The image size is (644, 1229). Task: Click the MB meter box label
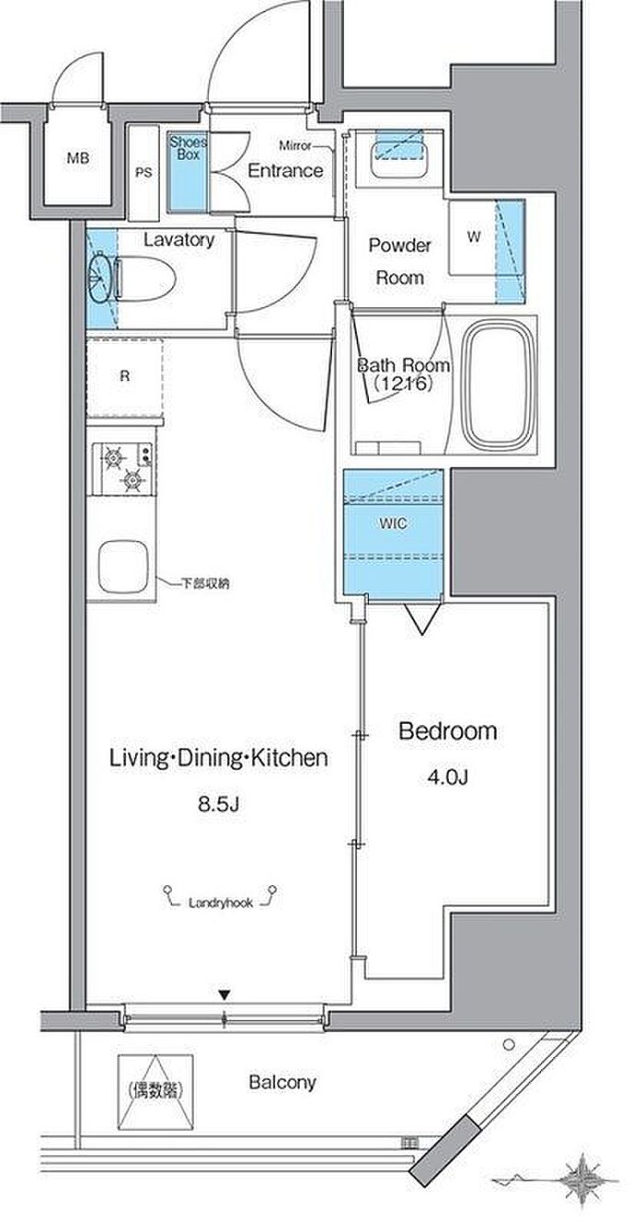pos(78,158)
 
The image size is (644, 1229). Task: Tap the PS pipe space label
pos(144,172)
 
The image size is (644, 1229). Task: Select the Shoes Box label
pos(189,148)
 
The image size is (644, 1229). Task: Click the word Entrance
pos(285,170)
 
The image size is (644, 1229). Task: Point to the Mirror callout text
pos(295,146)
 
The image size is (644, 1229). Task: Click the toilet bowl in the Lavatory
pos(144,279)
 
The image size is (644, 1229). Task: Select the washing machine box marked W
pos(475,237)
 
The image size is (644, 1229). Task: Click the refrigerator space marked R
pos(125,377)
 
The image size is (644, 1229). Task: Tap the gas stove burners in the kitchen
pos(122,467)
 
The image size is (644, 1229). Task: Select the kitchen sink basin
pos(123,567)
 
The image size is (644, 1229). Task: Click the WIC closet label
pos(394,523)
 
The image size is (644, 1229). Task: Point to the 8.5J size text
pos(219,805)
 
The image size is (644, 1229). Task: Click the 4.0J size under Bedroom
pos(448,777)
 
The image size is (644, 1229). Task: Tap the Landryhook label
pos(221,902)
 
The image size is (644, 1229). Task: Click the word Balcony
pos(282,1083)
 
